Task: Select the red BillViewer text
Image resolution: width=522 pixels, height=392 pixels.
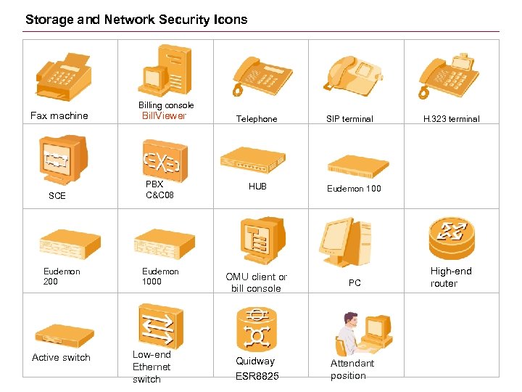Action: coord(164,116)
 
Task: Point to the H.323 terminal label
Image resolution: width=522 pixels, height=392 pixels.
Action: coord(452,119)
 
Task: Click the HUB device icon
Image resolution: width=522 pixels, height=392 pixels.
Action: coord(253,160)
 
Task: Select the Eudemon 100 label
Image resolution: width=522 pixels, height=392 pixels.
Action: coord(354,189)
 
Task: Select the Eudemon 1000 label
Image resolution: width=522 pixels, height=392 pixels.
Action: coord(160,277)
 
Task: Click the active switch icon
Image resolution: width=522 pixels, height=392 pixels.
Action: coord(65,335)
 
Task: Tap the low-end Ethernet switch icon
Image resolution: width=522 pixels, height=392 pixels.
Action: coord(160,326)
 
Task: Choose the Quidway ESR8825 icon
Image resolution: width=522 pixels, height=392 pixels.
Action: coord(256,327)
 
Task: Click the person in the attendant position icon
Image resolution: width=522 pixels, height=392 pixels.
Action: coord(348,330)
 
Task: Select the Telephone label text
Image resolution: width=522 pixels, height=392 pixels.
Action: coord(257,119)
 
